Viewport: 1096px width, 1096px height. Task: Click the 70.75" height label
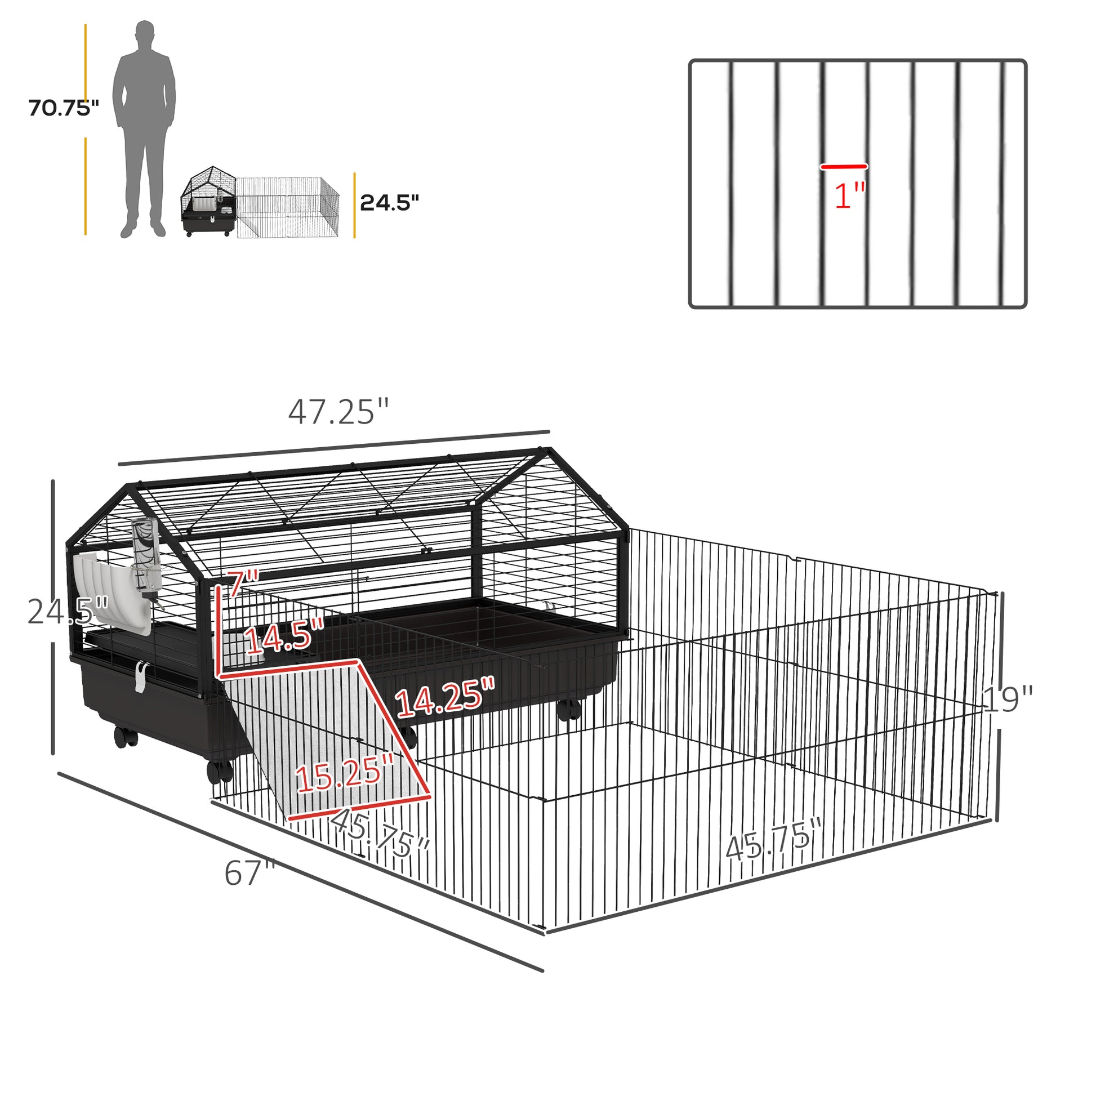64,108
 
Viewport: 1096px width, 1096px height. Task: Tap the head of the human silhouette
145,34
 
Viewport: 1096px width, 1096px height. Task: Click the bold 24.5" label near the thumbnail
389,203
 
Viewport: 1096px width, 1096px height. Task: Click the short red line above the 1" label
844,167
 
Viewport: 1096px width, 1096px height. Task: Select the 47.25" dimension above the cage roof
338,412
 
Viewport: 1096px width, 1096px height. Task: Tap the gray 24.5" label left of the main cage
67,612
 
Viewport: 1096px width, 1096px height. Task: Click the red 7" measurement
243,583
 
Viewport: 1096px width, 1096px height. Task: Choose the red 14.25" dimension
445,697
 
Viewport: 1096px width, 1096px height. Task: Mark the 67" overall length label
250,874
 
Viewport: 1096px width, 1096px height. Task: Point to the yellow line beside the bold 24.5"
355,206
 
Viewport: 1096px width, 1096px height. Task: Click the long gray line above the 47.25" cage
334,448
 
